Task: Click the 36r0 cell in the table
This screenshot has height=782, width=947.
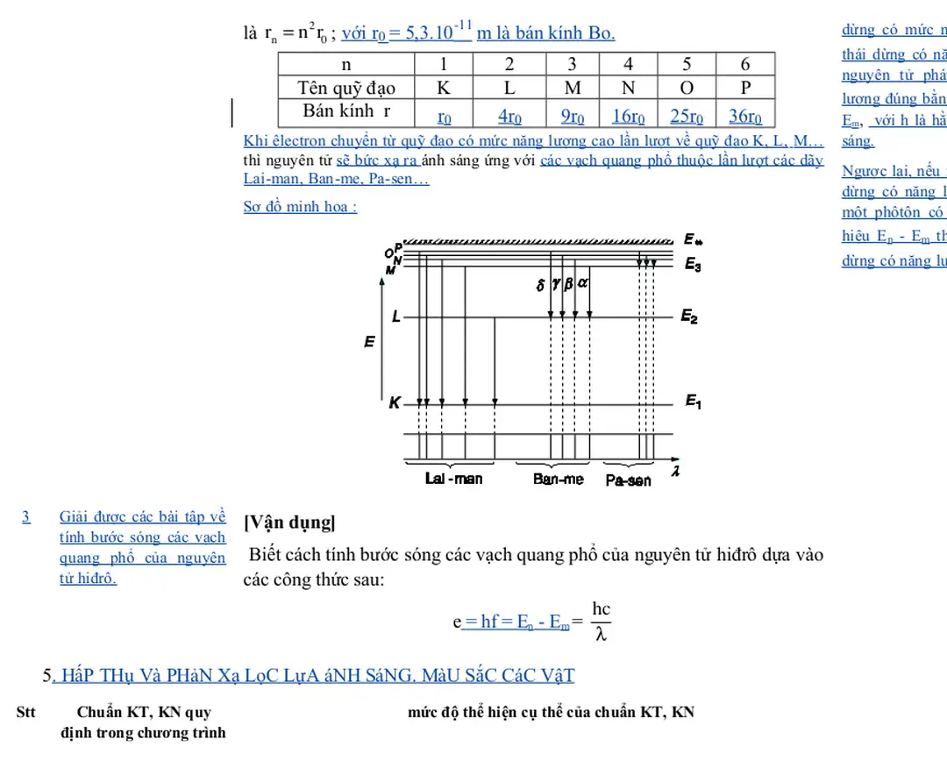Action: (x=745, y=116)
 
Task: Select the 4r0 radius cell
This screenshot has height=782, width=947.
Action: (x=509, y=116)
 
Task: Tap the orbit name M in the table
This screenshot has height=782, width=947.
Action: (x=572, y=88)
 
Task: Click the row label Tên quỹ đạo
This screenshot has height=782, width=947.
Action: (x=346, y=88)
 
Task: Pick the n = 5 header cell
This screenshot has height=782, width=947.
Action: (x=687, y=64)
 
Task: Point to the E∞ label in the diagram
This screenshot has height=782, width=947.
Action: (x=693, y=239)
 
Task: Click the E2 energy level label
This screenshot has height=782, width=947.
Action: (x=690, y=316)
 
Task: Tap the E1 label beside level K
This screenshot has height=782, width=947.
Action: (x=693, y=402)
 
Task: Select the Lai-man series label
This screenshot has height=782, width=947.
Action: (x=453, y=479)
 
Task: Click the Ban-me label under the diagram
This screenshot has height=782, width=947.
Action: (x=558, y=480)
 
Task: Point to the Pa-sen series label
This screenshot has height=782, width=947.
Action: (x=628, y=480)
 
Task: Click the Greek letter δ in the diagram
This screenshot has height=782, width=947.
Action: (x=540, y=285)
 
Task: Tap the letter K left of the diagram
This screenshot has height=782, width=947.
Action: (x=395, y=404)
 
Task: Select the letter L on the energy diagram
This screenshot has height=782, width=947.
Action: (x=396, y=317)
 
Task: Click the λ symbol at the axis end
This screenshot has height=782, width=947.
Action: (x=674, y=472)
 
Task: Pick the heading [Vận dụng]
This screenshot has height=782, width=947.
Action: (x=288, y=523)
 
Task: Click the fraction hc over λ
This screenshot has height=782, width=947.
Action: (x=601, y=621)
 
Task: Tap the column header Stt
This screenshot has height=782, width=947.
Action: (x=26, y=712)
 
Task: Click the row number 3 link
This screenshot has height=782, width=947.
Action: (x=26, y=516)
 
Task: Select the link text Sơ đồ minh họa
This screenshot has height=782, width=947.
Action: (x=300, y=207)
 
